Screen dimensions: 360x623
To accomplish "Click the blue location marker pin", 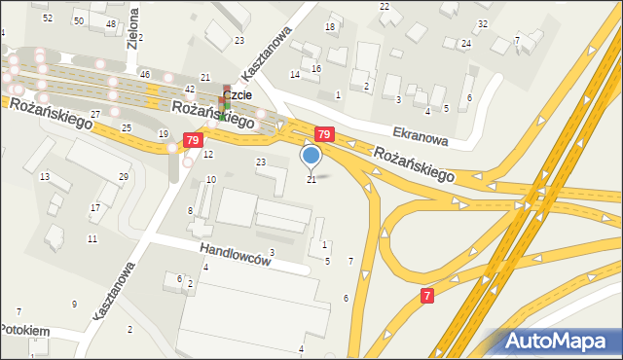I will pyautogui.click(x=311, y=155).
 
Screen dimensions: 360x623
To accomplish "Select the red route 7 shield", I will pyautogui.click(x=427, y=295).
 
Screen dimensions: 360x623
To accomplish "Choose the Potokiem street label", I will pyautogui.click(x=24, y=331).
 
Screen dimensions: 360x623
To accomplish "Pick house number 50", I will pyautogui.click(x=78, y=20).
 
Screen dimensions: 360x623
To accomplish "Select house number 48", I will pyautogui.click(x=111, y=23).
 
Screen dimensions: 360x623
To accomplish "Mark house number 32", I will pyautogui.click(x=483, y=23).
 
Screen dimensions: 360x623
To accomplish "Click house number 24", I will pyautogui.click(x=466, y=44).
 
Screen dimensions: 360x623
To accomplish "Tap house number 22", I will pyautogui.click(x=385, y=7).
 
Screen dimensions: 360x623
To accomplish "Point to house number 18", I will pyautogui.click(x=330, y=26).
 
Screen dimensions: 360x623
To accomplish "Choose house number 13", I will pyautogui.click(x=44, y=176).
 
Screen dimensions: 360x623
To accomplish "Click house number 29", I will pyautogui.click(x=124, y=176).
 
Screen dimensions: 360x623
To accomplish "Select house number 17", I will pyautogui.click(x=94, y=207).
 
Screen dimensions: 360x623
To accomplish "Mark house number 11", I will pyautogui.click(x=92, y=238).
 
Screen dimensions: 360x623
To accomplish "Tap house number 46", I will pyautogui.click(x=144, y=75).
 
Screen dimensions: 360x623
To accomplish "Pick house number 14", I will pyautogui.click(x=294, y=75).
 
